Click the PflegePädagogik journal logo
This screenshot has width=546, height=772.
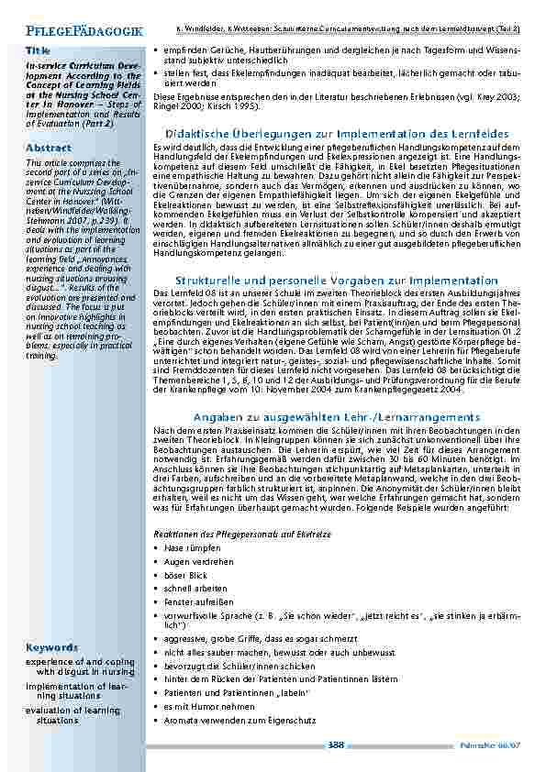pos(79,30)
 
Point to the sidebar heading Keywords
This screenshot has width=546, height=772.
pos(51,646)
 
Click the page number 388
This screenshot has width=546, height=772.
pos(336,745)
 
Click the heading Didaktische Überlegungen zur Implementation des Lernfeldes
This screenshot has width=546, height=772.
pos(337,134)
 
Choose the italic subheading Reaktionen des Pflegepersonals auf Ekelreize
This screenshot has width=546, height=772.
pos(236,533)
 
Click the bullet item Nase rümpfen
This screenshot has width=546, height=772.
pos(189,547)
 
